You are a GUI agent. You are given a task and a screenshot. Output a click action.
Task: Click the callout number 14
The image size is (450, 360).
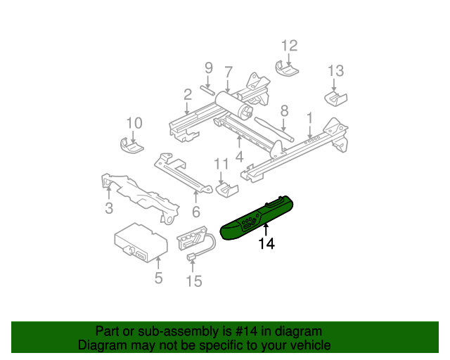click(x=266, y=244)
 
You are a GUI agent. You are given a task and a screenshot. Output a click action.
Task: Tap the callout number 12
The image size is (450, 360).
click(x=290, y=46)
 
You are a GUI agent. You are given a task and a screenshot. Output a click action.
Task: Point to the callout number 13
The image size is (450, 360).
click(x=335, y=70)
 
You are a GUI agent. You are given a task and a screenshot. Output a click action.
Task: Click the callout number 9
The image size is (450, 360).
click(x=208, y=67)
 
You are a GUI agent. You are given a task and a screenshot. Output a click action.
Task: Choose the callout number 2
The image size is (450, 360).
click(x=187, y=94)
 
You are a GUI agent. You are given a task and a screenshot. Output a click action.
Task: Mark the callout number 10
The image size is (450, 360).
click(x=134, y=123)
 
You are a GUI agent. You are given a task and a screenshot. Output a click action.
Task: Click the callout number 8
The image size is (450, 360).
click(x=284, y=110)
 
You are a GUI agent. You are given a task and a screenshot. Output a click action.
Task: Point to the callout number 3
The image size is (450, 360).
click(x=109, y=208)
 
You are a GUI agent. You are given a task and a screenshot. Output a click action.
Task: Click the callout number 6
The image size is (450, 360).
click(x=196, y=212)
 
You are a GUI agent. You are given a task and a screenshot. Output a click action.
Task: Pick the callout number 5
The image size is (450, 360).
click(x=158, y=278)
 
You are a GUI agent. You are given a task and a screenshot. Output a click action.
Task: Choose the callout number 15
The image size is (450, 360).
click(x=193, y=281)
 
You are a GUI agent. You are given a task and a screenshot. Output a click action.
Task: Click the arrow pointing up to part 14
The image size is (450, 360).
click(x=266, y=229)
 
